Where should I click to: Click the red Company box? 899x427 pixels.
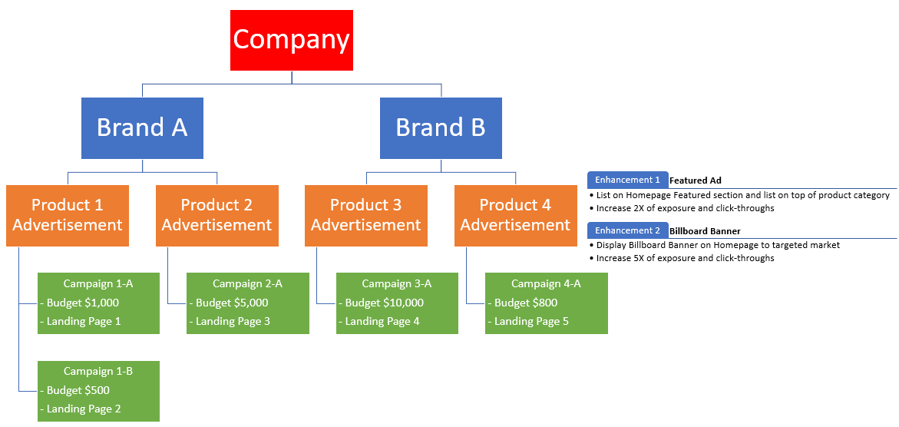[x=292, y=40]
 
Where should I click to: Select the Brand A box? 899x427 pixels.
[x=142, y=127]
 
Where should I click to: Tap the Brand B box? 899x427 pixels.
[x=441, y=127]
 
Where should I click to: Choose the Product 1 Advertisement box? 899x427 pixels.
[x=68, y=215]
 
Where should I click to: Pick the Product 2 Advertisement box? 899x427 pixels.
[x=216, y=215]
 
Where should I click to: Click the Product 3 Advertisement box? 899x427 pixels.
[x=366, y=215]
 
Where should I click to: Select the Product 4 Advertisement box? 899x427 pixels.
[x=515, y=215]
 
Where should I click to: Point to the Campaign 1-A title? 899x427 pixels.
[x=98, y=284]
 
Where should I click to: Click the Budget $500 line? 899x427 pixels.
[x=78, y=390]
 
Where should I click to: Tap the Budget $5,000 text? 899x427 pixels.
[x=232, y=303]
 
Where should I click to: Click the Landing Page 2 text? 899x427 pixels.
[x=83, y=409]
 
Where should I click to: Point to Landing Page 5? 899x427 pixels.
[x=531, y=321]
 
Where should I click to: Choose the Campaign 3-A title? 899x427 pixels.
[x=397, y=284]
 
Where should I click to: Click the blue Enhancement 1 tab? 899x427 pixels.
[x=627, y=180]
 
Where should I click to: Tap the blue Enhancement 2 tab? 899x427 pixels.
[x=627, y=230]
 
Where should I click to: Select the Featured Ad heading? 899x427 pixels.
[x=696, y=180]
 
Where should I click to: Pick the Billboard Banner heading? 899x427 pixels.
[x=705, y=231]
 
